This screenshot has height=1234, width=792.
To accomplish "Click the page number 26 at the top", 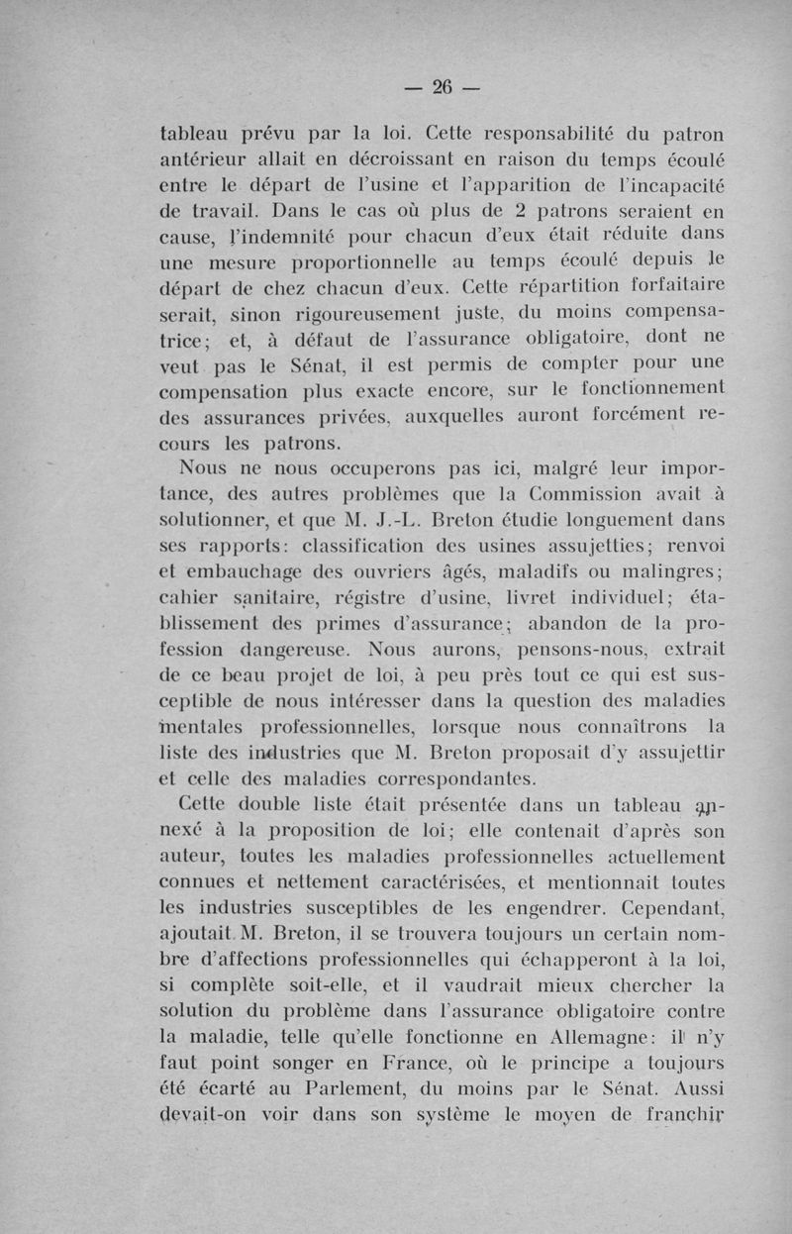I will coord(442,88).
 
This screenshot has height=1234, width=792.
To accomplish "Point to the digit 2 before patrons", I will coord(531,211).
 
